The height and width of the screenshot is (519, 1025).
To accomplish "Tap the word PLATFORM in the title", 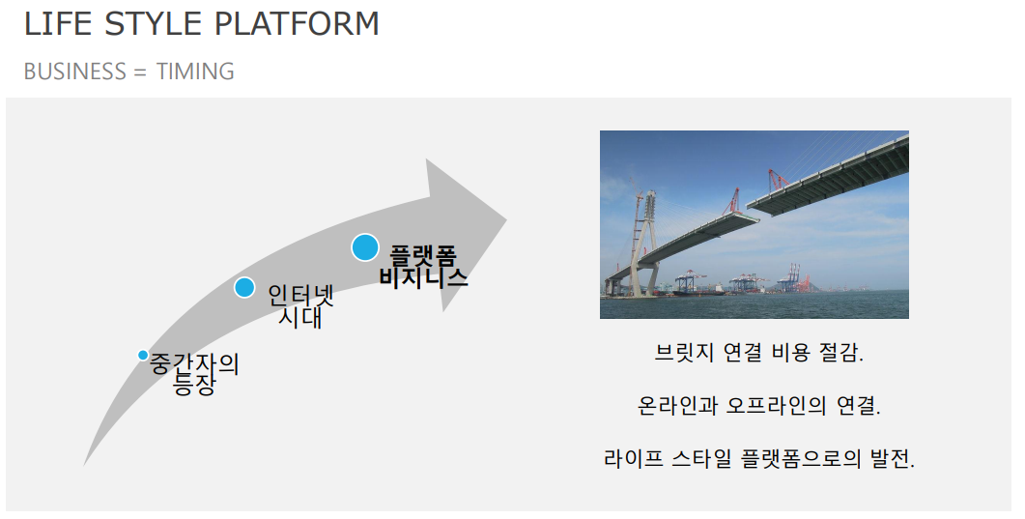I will [x=297, y=24].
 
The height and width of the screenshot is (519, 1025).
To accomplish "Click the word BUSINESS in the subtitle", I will [x=75, y=72].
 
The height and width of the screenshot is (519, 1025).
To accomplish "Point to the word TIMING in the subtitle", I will [x=195, y=72].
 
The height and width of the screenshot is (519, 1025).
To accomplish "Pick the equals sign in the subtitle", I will [x=141, y=72].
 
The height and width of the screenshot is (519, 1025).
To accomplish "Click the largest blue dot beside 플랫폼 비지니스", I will [x=365, y=247].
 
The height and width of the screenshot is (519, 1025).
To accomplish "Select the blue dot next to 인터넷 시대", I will [x=244, y=287].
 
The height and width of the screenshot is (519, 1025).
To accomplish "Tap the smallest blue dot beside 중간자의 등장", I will [x=143, y=355].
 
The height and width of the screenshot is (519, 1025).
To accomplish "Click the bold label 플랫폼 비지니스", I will [x=423, y=267].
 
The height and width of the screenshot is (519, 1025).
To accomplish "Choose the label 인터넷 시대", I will [x=300, y=305].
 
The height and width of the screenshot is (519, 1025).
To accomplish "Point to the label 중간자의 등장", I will [x=194, y=374].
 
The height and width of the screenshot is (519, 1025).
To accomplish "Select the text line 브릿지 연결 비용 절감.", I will [x=758, y=353].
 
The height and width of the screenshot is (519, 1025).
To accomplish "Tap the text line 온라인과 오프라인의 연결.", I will [x=759, y=405].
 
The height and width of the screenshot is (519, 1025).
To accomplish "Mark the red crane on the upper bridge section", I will [x=777, y=180].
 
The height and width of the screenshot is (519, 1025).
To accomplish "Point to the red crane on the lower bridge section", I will [x=731, y=201].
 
